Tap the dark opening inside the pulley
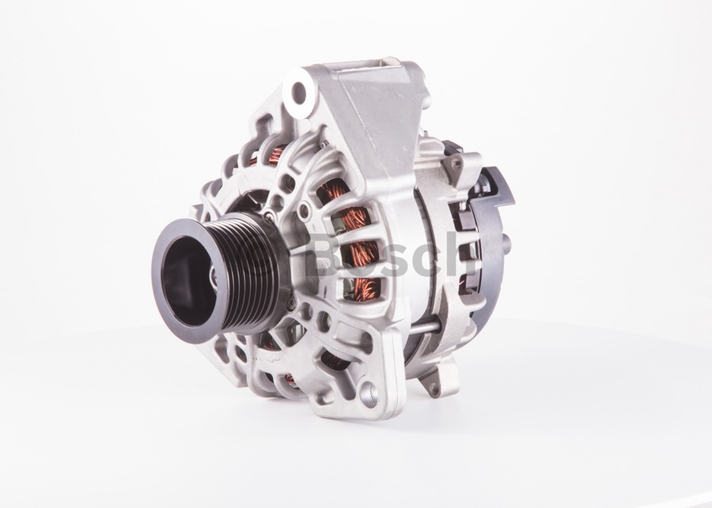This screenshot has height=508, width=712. click(187, 280)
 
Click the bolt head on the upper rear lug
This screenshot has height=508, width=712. click(456, 164)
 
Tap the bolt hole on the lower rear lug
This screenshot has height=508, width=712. click(434, 388)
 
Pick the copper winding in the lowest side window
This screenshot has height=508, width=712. click(364, 289)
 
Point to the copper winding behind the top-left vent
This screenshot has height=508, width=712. click(275, 155)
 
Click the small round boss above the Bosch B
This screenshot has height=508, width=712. click(304, 210)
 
